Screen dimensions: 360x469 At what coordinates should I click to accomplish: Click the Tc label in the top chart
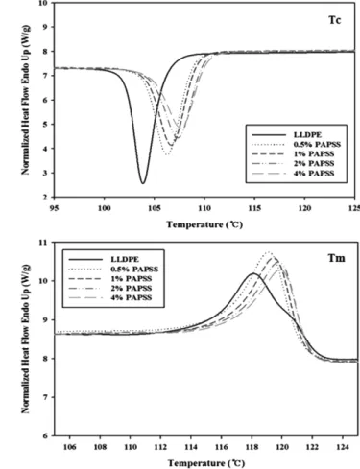[x=335, y=20]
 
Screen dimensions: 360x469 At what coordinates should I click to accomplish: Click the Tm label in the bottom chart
[x=337, y=258]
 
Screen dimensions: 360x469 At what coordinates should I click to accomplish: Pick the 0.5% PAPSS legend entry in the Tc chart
[x=297, y=145]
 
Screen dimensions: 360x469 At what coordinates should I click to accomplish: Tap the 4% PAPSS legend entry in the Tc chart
[x=293, y=174]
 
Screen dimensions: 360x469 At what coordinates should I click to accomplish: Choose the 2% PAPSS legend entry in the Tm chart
[x=110, y=289]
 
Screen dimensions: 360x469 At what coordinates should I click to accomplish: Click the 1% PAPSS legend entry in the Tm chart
[x=110, y=279]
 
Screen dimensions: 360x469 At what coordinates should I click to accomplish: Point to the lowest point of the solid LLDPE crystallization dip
[x=143, y=183]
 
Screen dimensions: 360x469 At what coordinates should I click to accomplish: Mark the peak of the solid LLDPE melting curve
[x=253, y=273]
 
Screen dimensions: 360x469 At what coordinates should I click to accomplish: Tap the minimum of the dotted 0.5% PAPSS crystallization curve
[x=167, y=154]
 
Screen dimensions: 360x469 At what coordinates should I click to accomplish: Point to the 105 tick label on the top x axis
[x=155, y=208]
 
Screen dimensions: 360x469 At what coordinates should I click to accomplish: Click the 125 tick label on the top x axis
[x=354, y=208]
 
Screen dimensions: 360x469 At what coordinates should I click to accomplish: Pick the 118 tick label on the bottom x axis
[x=252, y=447]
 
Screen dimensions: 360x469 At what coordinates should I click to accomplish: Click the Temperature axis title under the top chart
[x=204, y=224]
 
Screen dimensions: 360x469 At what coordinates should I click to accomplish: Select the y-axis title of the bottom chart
[x=26, y=339]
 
